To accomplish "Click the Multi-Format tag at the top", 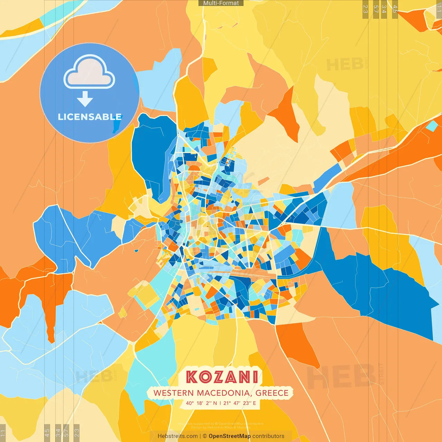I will coord(221,3).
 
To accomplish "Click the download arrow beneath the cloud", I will coord(85,99).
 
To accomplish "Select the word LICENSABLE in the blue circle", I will coord(90,117).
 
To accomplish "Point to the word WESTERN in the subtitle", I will coord(174,393).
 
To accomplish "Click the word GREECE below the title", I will coord(272,393).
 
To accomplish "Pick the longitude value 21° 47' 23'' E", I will coord(240,403).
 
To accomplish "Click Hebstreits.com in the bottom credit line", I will coord(177,436).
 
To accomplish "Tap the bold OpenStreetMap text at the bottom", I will coord(230,436).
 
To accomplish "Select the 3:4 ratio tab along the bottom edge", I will coord(58,433).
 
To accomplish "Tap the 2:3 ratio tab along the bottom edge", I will coord(77,433).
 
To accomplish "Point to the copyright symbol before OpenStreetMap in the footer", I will coord(205,436).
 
